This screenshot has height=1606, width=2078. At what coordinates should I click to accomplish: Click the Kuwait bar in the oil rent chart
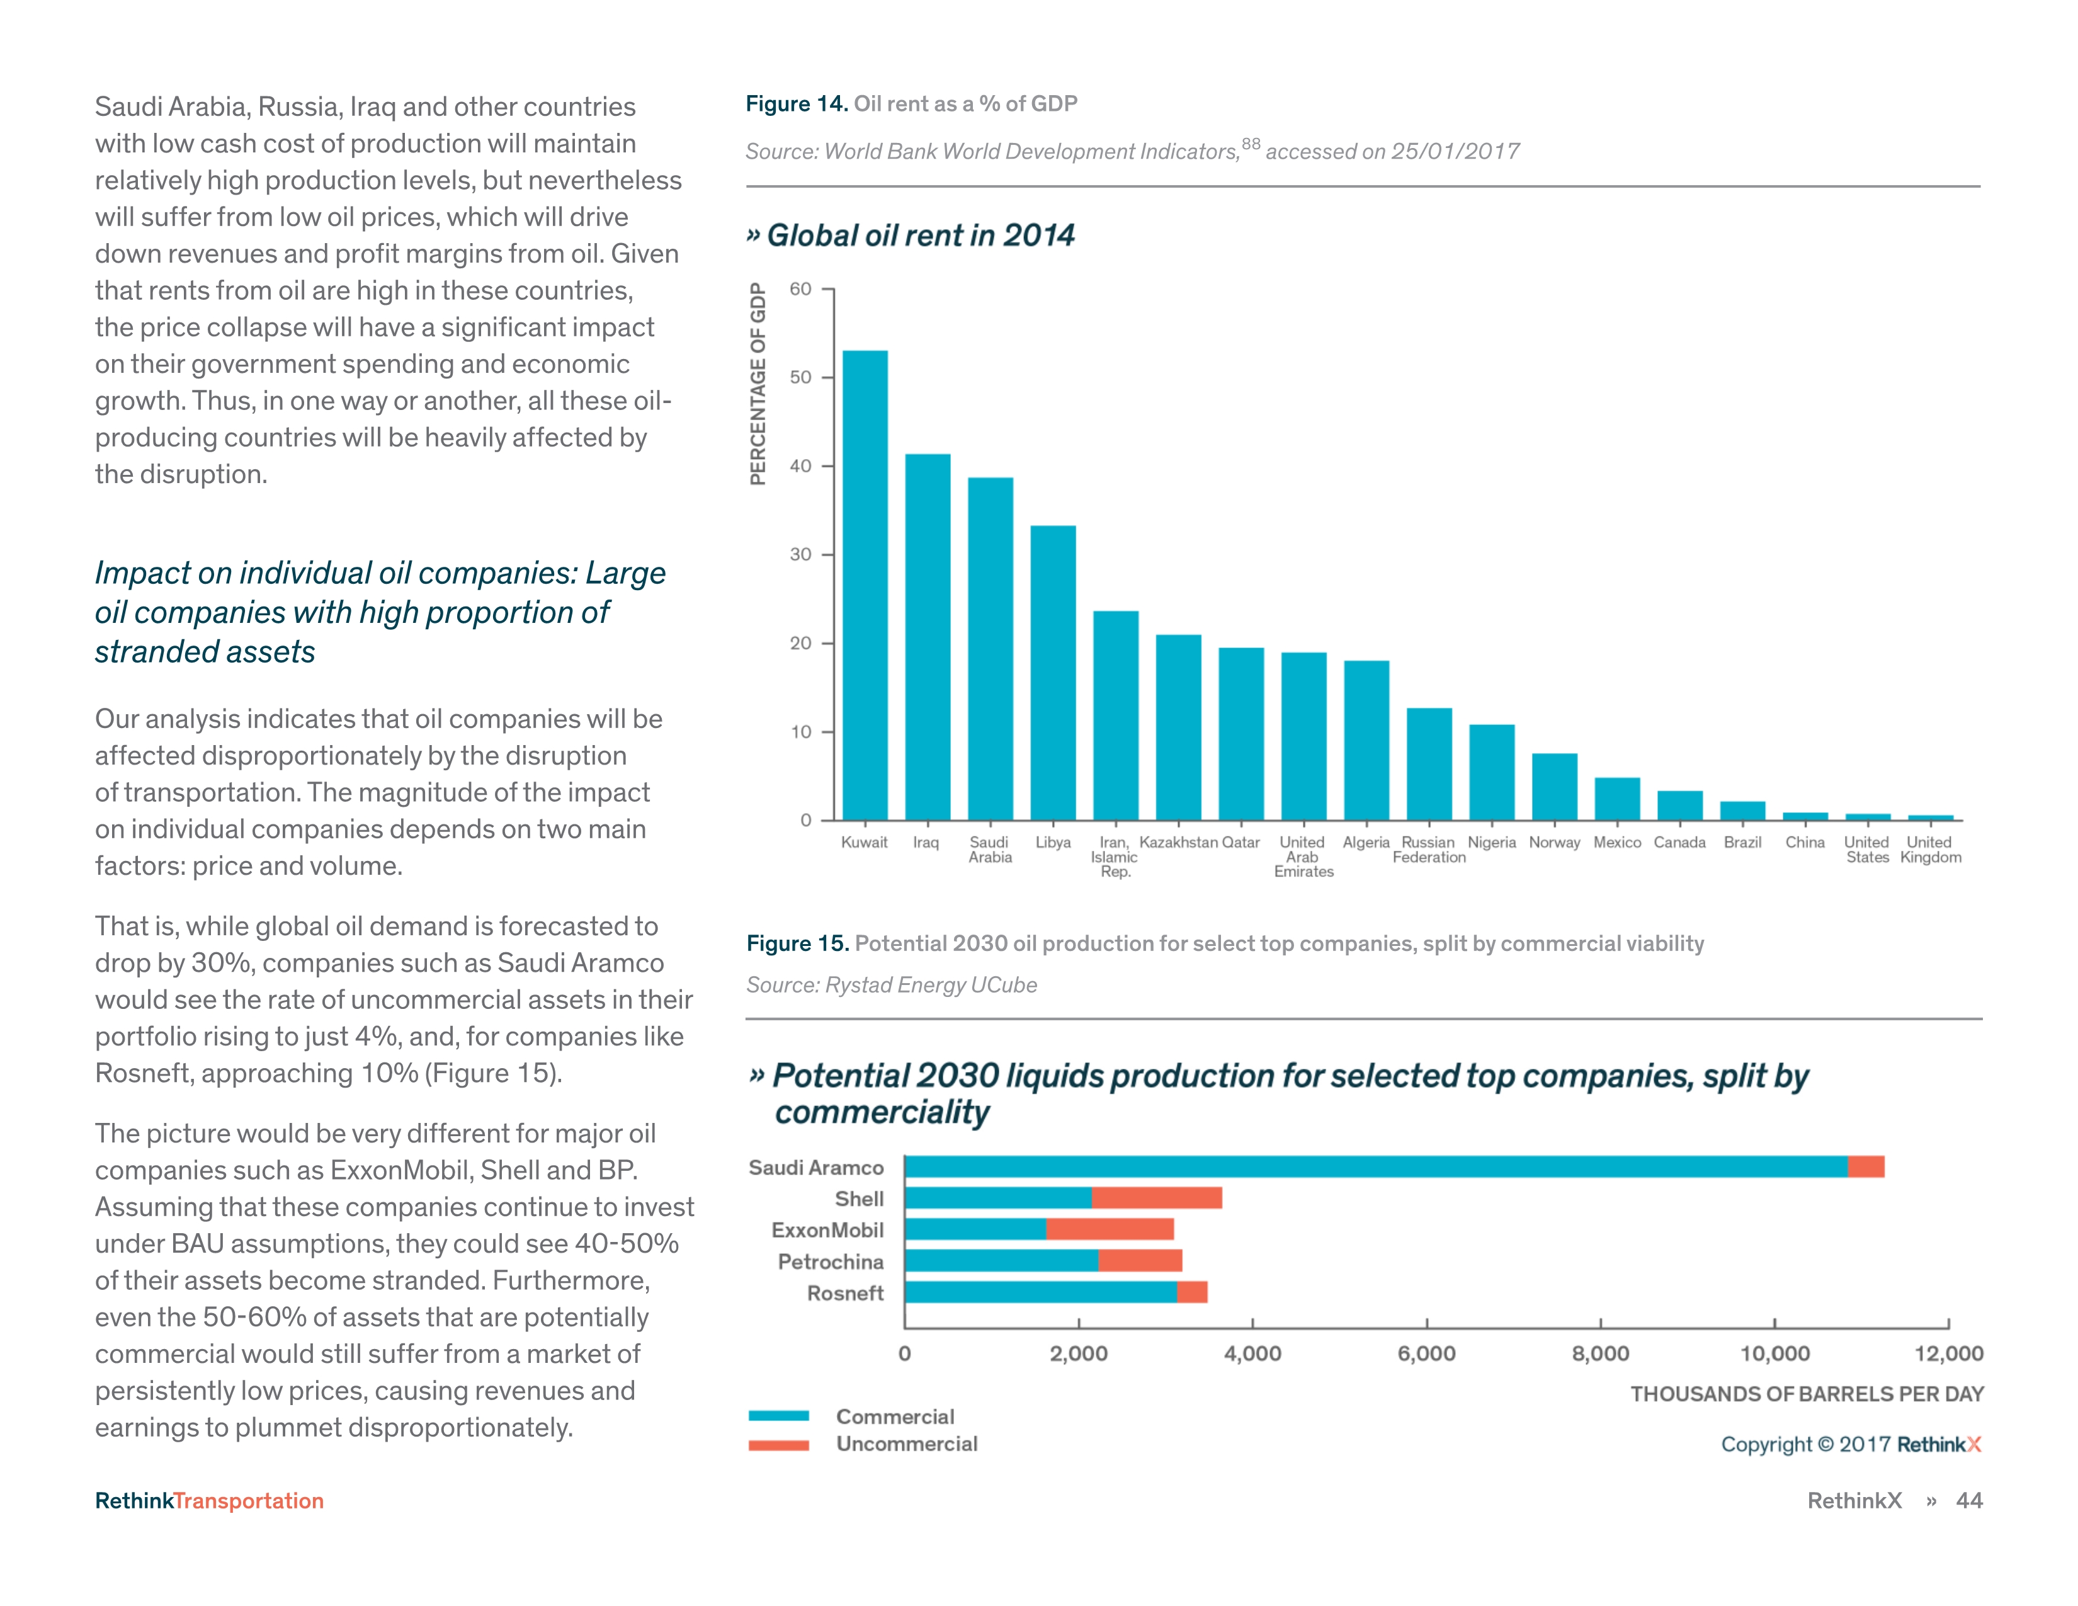coord(865,585)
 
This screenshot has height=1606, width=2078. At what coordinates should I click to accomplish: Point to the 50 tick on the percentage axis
coord(800,378)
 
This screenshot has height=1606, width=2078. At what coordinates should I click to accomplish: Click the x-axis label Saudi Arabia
coord(989,850)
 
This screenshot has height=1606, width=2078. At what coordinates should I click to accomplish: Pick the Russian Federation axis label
coord(1428,850)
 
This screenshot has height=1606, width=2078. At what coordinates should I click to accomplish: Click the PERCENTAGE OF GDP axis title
coord(758,384)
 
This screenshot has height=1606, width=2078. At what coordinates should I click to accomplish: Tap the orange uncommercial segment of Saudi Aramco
coord(1865,1166)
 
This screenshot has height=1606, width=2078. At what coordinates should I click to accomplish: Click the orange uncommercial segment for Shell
coord(1156,1198)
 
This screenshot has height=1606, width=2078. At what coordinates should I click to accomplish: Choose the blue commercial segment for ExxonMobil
coord(975,1229)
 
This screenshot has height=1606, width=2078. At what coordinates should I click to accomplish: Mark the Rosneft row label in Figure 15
coord(845,1293)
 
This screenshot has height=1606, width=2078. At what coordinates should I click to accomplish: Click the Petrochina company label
coord(831,1261)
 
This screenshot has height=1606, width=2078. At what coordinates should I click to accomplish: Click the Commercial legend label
coord(894,1416)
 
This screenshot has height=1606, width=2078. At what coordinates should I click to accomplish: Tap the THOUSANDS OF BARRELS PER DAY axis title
coord(1806,1394)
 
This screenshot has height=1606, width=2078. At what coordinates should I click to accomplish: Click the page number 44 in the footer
coord(1968,1500)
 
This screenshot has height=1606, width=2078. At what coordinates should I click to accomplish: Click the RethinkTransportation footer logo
coord(209,1500)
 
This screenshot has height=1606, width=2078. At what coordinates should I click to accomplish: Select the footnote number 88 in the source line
coord(1250,144)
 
